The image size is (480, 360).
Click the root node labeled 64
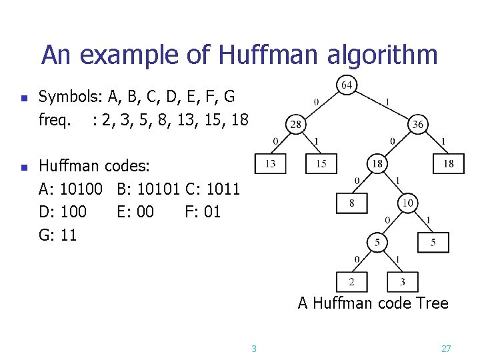click(347, 85)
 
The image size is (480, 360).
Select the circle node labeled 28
click(295, 125)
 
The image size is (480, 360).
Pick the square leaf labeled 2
click(351, 281)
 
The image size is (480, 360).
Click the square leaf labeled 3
click(402, 281)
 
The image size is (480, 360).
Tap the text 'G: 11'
click(58, 234)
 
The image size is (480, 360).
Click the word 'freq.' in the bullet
click(55, 120)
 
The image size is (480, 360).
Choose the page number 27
click(447, 348)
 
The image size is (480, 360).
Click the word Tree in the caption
click(432, 304)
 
